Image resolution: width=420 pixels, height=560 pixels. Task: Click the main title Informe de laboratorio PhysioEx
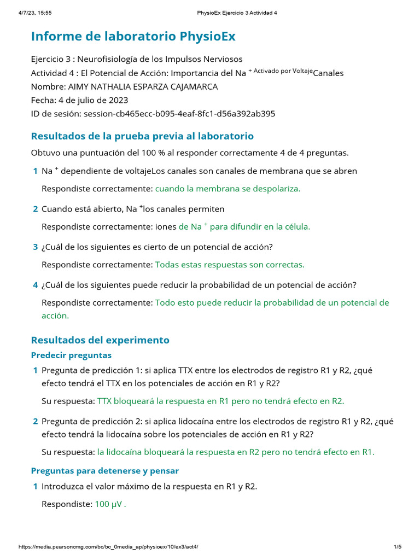pyautogui.click(x=133, y=37)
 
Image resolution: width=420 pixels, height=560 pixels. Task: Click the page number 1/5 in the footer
pyautogui.click(x=398, y=547)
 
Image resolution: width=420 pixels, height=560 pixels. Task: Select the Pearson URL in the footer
pyautogui.click(x=108, y=547)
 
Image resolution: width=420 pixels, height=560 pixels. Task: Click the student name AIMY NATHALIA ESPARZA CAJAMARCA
pyautogui.click(x=142, y=86)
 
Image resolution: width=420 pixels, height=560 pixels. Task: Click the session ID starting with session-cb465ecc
pyautogui.click(x=179, y=114)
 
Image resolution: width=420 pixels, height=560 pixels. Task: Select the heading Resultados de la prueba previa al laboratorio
pyautogui.click(x=142, y=136)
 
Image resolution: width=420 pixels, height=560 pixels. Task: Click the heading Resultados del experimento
pyautogui.click(x=100, y=340)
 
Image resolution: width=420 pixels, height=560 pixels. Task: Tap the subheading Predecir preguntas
pyautogui.click(x=71, y=355)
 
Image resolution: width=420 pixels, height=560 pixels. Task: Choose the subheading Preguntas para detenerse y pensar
pyautogui.click(x=105, y=470)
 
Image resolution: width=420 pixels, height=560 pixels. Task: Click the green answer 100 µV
pyautogui.click(x=110, y=504)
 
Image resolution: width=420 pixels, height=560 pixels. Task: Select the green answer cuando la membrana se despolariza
pyautogui.click(x=227, y=189)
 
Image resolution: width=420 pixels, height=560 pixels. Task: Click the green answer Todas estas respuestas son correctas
pyautogui.click(x=230, y=265)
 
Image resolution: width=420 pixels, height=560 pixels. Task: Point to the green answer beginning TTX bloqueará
pyautogui.click(x=220, y=401)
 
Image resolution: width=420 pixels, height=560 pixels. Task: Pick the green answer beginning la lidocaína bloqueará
pyautogui.click(x=236, y=452)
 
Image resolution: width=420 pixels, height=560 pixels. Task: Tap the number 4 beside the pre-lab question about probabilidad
pyautogui.click(x=35, y=285)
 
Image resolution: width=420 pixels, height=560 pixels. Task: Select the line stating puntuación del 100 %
pyautogui.click(x=190, y=153)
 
